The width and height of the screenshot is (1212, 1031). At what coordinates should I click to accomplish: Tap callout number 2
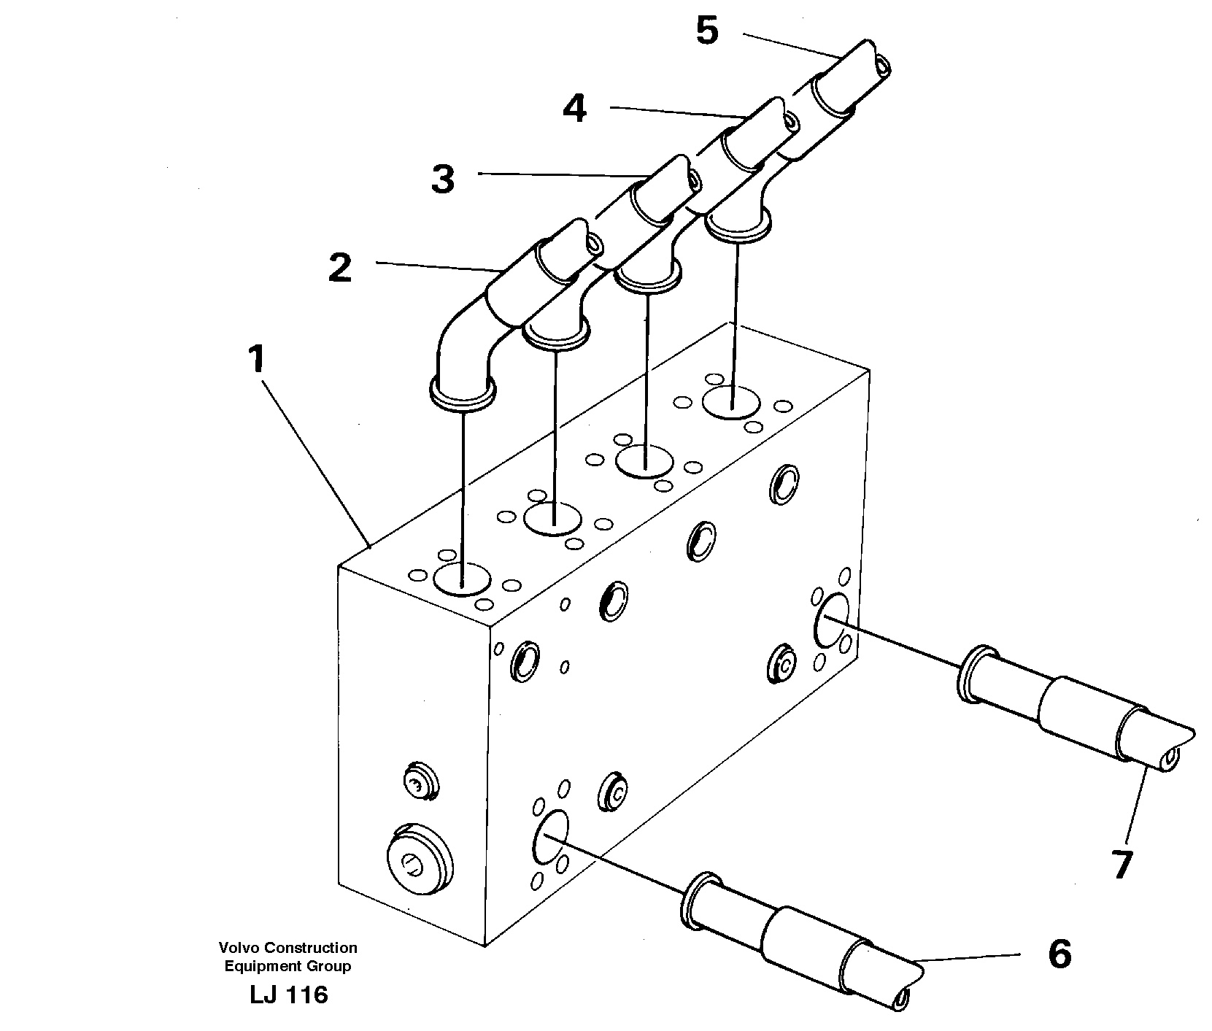click(x=340, y=268)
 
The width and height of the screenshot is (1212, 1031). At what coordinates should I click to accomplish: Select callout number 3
click(x=442, y=179)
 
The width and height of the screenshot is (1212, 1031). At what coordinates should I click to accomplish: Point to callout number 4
click(x=574, y=109)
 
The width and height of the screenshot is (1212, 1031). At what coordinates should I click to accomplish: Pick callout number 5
click(x=706, y=32)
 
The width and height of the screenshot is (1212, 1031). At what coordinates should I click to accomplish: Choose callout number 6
click(x=1059, y=954)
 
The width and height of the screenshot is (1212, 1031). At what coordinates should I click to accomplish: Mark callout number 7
click(x=1122, y=865)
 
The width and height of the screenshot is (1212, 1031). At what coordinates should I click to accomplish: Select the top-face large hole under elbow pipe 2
click(x=462, y=579)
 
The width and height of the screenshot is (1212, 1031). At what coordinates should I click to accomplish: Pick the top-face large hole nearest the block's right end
click(x=732, y=403)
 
